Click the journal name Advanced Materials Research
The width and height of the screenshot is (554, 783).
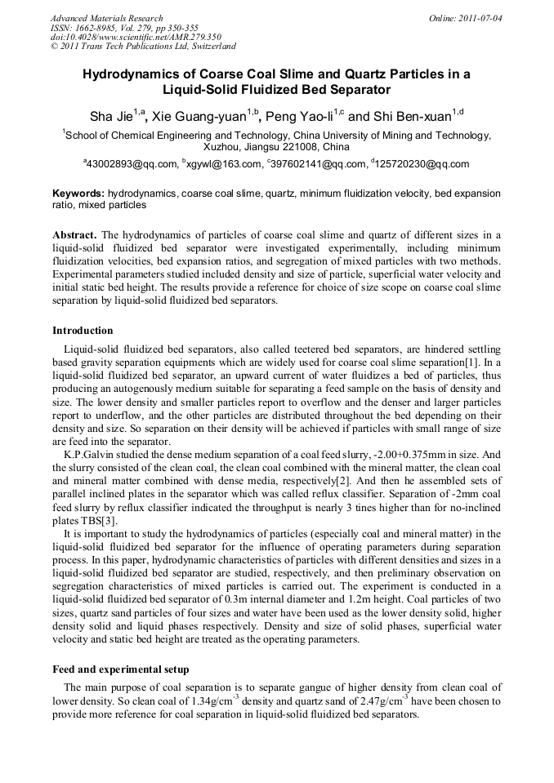[x=106, y=18]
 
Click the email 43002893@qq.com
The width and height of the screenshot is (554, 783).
[x=132, y=164]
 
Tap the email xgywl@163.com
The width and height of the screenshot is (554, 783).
[x=222, y=164]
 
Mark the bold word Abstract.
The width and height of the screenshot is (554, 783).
[x=75, y=235]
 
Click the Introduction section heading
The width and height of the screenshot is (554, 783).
[x=83, y=331]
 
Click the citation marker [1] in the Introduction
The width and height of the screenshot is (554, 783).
[x=483, y=361]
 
